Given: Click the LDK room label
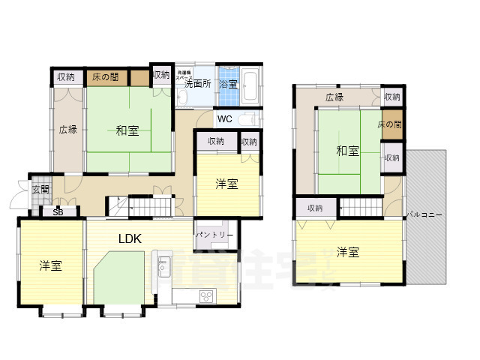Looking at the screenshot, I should tap(130, 238).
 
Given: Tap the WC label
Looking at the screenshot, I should tap(224, 118).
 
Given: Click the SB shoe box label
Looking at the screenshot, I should tap(58, 212).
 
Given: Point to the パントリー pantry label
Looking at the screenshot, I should tap(214, 235).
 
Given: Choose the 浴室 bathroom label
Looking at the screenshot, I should tap(228, 84).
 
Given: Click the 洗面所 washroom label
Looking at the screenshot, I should tap(197, 84).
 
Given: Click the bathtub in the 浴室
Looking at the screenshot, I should tap(252, 85).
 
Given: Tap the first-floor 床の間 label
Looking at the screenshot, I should tap(105, 76).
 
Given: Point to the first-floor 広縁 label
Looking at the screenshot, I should tap(67, 129).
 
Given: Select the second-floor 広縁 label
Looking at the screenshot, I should tap(334, 97).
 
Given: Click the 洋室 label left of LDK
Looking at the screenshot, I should tap(50, 265).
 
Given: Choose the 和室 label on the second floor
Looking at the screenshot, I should tap(346, 151).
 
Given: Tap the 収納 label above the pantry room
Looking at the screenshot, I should tap(216, 141).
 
